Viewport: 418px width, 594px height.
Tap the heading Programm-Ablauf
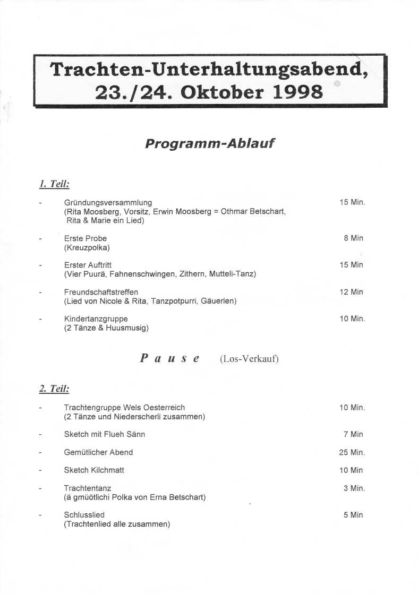(x=209, y=143)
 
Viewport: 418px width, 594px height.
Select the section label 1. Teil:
(x=55, y=184)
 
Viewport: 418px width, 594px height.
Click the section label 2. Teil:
(x=55, y=389)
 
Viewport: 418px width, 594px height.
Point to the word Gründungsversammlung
(x=108, y=202)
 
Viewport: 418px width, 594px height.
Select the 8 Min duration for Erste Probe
(x=353, y=238)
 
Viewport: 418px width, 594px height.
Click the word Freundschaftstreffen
(x=101, y=292)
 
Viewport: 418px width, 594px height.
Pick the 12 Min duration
(x=351, y=292)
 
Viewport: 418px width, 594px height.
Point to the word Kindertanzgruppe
(x=96, y=319)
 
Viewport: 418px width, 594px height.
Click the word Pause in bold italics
(x=170, y=358)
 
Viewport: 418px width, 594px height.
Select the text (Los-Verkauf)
(x=249, y=359)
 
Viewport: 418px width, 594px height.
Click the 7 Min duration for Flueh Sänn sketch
(x=353, y=434)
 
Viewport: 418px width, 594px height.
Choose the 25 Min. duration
(x=352, y=452)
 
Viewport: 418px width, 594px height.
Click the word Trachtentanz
(x=88, y=488)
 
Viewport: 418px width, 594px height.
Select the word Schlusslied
(x=84, y=515)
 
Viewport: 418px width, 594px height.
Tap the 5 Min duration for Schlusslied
(x=353, y=515)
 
